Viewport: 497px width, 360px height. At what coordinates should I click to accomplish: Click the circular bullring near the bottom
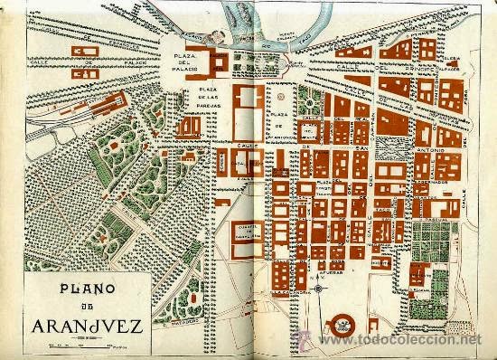click(344, 320)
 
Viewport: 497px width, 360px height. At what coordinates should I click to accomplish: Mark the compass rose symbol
click(318, 289)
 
